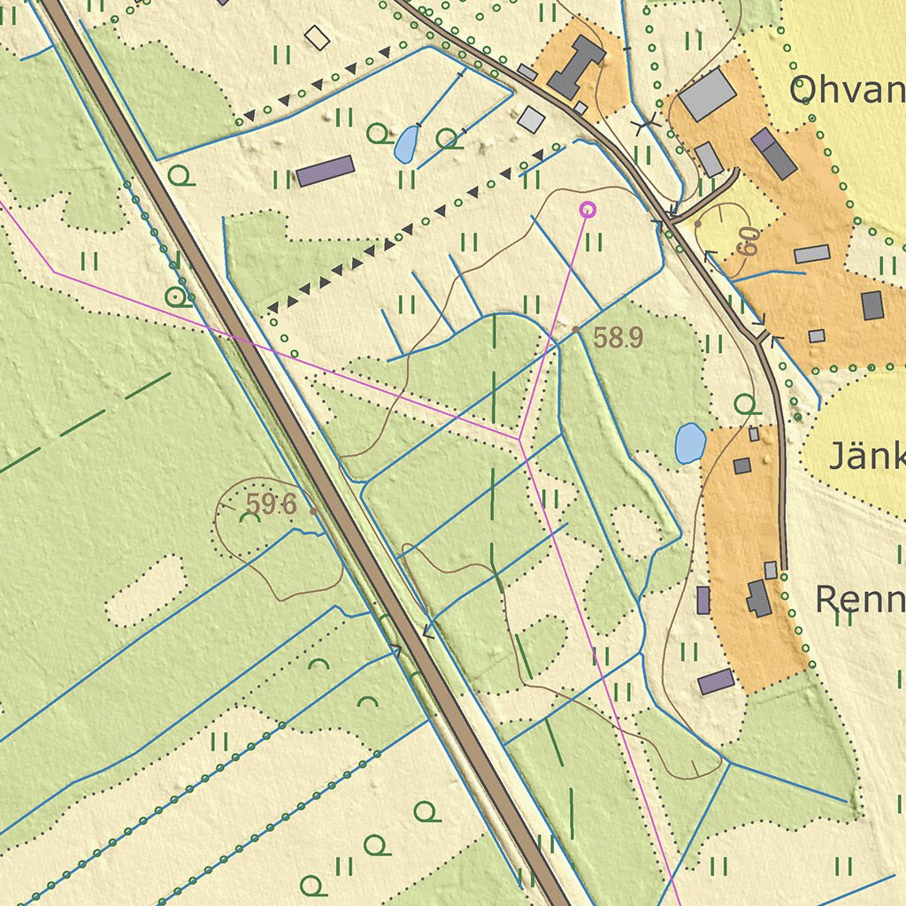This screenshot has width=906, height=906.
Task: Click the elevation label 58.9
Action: pyautogui.click(x=618, y=338)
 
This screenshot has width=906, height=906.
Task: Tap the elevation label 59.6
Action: pyautogui.click(x=271, y=504)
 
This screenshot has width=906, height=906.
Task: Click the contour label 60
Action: pyautogui.click(x=749, y=242)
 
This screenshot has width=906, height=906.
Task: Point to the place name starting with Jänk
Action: pyautogui.click(x=866, y=457)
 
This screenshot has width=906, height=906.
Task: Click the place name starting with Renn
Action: pyautogui.click(x=859, y=600)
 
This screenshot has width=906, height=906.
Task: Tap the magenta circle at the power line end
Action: pyautogui.click(x=587, y=210)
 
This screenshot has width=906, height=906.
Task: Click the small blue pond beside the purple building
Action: pyautogui.click(x=406, y=144)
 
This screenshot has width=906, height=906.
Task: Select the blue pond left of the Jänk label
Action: pyautogui.click(x=690, y=443)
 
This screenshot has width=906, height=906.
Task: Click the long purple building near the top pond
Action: pyautogui.click(x=325, y=171)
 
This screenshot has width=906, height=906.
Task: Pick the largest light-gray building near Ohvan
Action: pyautogui.click(x=707, y=95)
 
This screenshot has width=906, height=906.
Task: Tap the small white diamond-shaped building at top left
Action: pyautogui.click(x=316, y=37)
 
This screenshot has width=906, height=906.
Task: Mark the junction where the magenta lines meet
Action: pyautogui.click(x=518, y=439)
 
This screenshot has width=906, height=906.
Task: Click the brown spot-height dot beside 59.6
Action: pyautogui.click(x=314, y=511)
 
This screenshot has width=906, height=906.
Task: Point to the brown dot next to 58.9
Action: pyautogui.click(x=576, y=329)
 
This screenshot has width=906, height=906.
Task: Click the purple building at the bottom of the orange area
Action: pyautogui.click(x=716, y=681)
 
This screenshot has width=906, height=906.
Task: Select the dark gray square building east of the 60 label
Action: pyautogui.click(x=872, y=305)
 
